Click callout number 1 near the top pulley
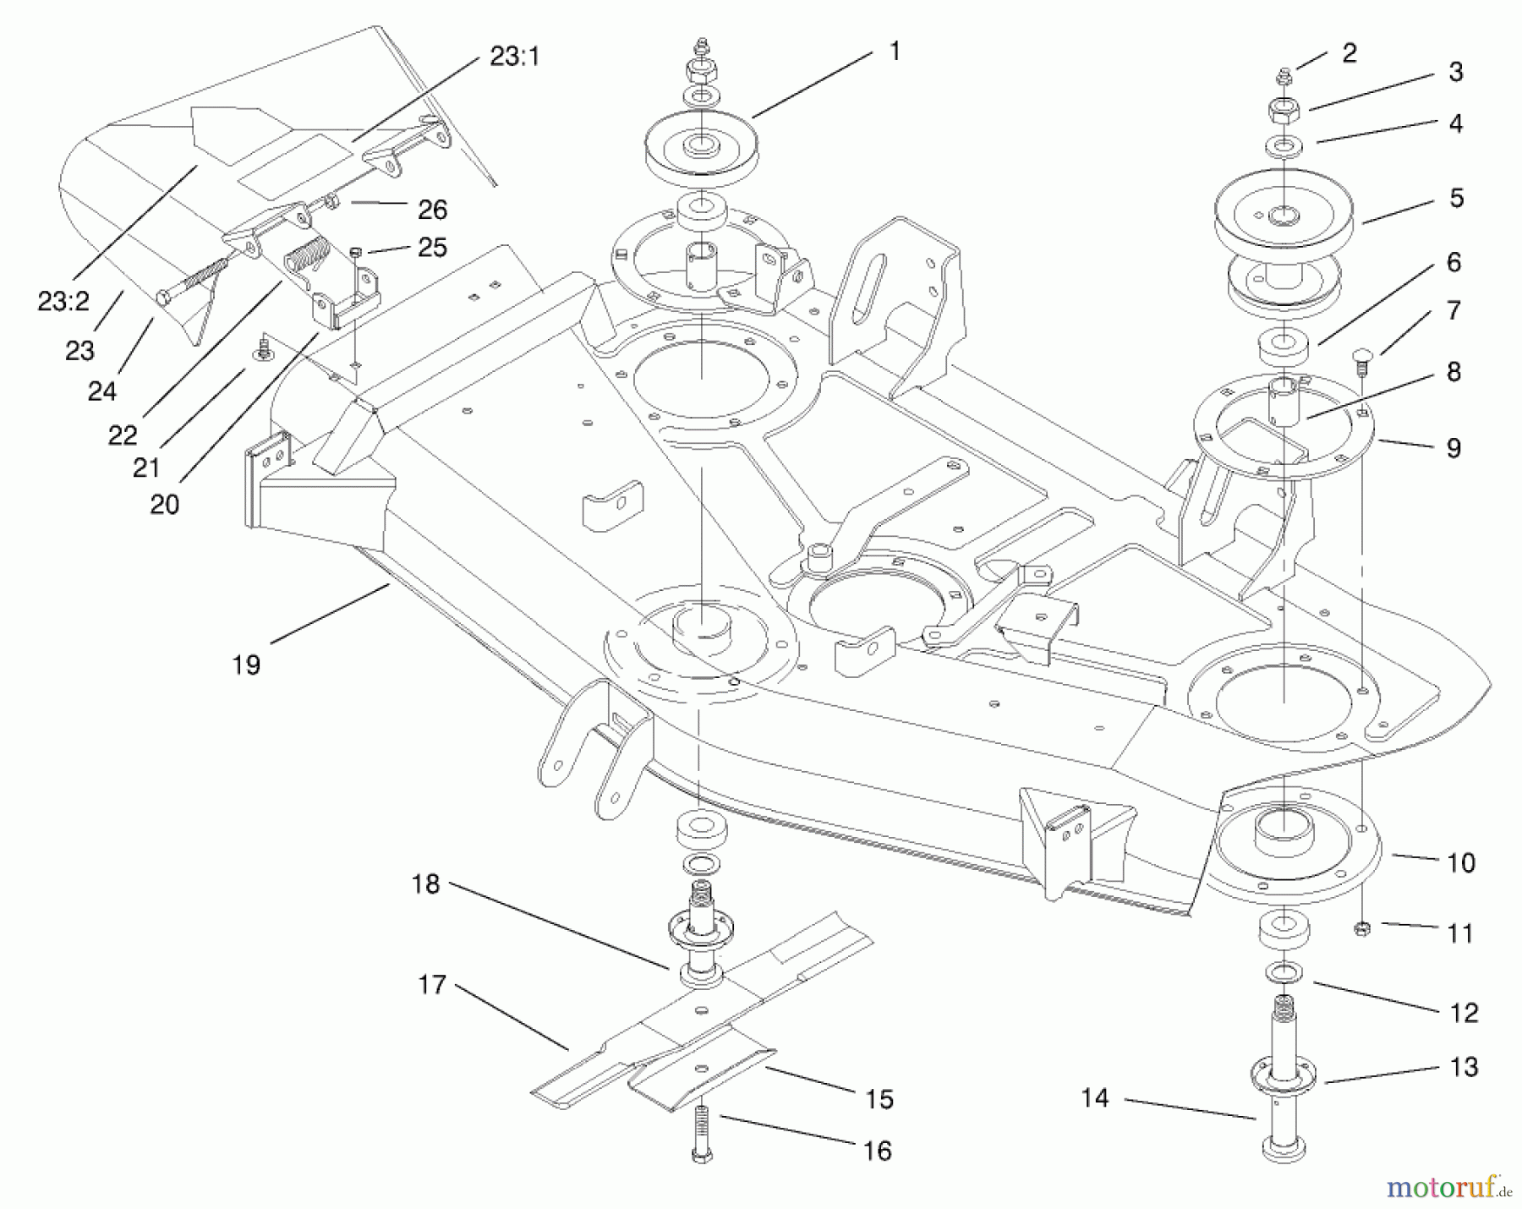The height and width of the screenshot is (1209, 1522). (895, 52)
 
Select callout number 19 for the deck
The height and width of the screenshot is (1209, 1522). (246, 665)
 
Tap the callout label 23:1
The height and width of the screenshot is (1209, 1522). (514, 57)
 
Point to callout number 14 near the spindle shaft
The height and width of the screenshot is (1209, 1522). (1094, 1098)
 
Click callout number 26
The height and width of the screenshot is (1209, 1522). (432, 209)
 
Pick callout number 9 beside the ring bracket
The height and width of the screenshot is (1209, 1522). (1454, 448)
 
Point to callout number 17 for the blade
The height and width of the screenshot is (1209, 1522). (432, 985)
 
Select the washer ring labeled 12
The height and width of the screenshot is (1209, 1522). (1284, 972)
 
